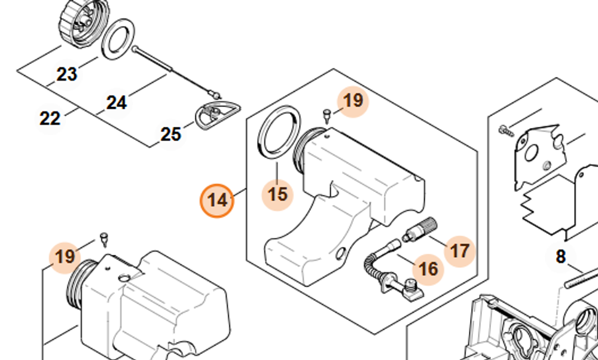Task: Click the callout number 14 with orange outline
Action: coord(218,200)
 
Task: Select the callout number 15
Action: coord(277,194)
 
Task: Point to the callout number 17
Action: coord(460,249)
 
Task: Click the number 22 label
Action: coord(50,118)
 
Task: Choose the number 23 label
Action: coord(67,74)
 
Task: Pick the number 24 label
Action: coord(117,103)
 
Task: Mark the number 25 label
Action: coord(170,134)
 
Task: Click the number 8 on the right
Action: coord(560,257)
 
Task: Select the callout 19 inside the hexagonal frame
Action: coord(353,100)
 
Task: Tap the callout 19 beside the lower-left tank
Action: coord(65,257)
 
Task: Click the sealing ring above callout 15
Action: coord(278,132)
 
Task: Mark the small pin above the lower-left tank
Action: coord(105,239)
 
